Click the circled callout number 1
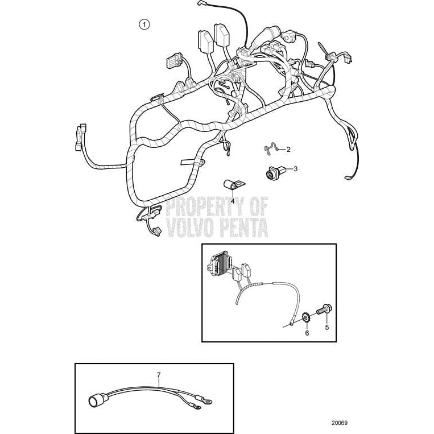[x=144, y=24]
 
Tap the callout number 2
[x=288, y=150]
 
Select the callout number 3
[x=295, y=168]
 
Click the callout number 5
[x=327, y=327]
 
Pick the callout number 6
[x=307, y=333]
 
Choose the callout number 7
[x=159, y=374]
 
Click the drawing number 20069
[x=340, y=423]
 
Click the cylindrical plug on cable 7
[x=94, y=401]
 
